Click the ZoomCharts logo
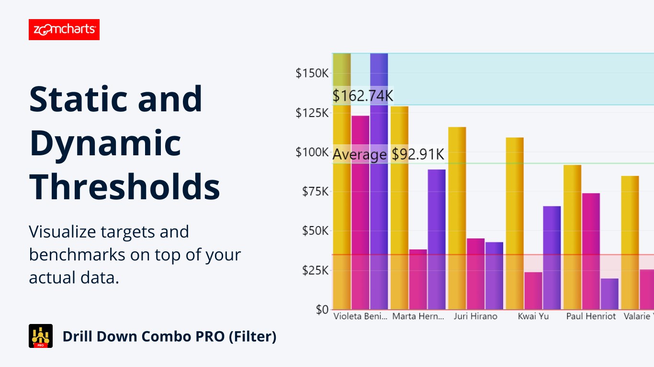click(64, 30)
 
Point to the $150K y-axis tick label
click(312, 74)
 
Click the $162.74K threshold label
click(363, 96)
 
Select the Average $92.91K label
click(388, 155)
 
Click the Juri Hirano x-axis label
click(475, 316)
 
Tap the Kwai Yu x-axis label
click(533, 316)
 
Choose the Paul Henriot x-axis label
click(591, 316)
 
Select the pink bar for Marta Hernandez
click(418, 279)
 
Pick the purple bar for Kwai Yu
click(552, 258)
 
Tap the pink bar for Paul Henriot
click(591, 251)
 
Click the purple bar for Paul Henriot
click(609, 293)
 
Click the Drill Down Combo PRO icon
click(41, 336)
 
